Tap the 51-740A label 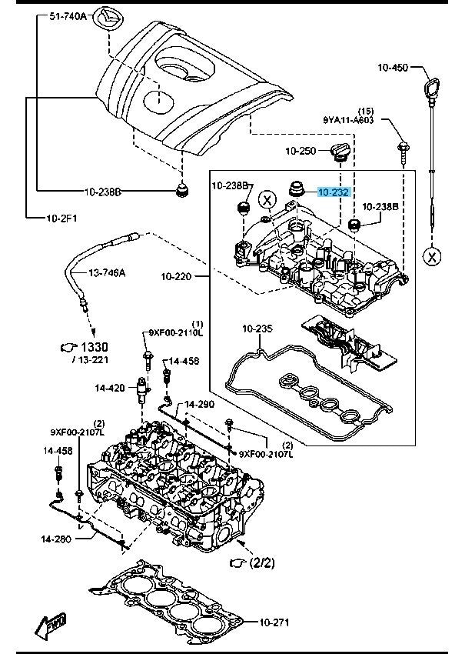click(x=68, y=15)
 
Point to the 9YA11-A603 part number click(x=347, y=119)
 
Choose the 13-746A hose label click(x=108, y=272)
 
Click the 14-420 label click(x=110, y=388)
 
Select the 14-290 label click(x=198, y=405)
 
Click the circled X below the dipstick click(x=432, y=255)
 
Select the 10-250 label click(x=300, y=151)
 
